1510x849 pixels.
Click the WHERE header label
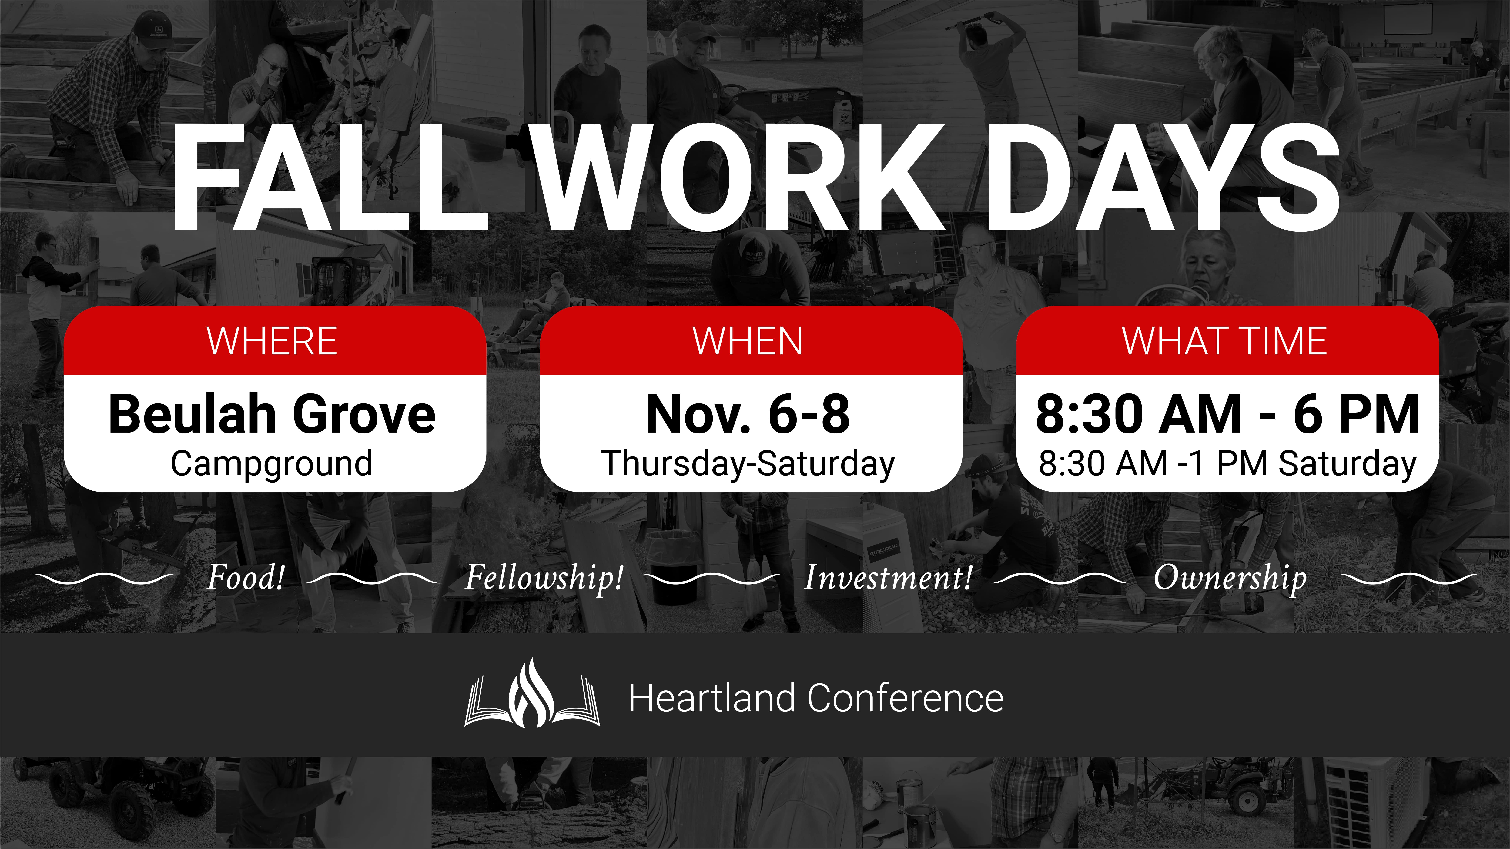coord(272,341)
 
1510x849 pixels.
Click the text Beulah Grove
coord(272,414)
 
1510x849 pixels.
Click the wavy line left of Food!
coord(104,579)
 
